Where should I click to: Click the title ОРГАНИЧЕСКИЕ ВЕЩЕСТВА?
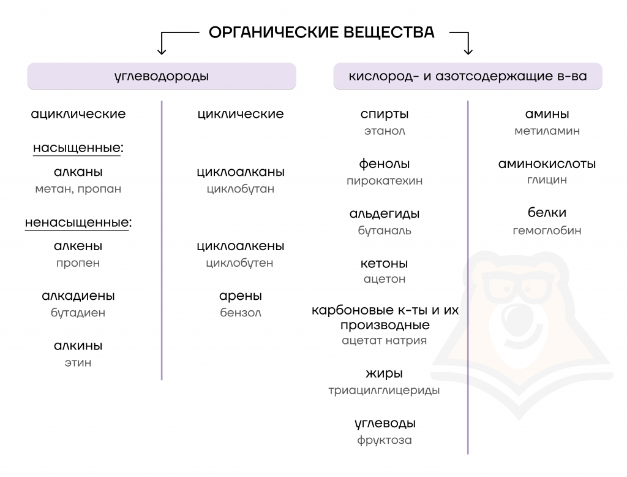click(x=321, y=32)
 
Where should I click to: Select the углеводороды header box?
click(x=162, y=76)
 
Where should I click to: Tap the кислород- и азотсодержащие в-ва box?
click(x=468, y=76)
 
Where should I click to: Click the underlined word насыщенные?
click(x=77, y=148)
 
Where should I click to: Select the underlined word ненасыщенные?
click(x=77, y=223)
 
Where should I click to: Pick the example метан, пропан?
click(x=78, y=189)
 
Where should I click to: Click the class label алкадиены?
click(x=78, y=296)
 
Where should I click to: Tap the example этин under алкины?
click(x=78, y=363)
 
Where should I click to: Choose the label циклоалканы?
click(x=240, y=172)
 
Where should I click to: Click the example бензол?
click(x=240, y=313)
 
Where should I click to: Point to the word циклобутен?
click(x=239, y=263)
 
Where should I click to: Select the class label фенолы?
click(x=385, y=164)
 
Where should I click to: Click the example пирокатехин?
click(x=385, y=181)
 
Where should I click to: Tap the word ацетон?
click(x=385, y=279)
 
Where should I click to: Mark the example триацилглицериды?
click(x=384, y=391)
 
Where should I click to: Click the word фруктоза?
click(x=385, y=440)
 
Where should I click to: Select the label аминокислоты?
click(x=547, y=164)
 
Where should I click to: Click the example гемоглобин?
click(x=547, y=231)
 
